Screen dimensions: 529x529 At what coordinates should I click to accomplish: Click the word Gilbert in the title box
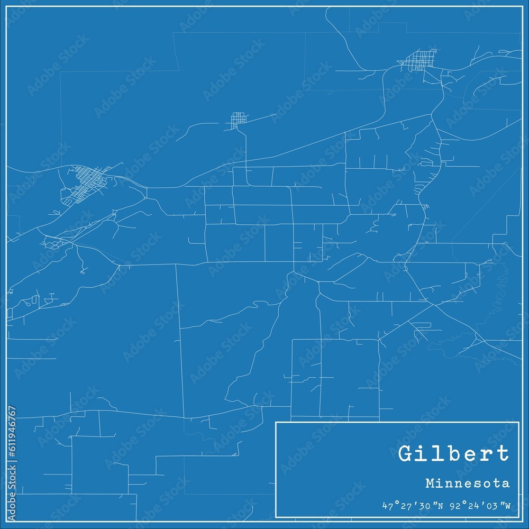453,454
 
